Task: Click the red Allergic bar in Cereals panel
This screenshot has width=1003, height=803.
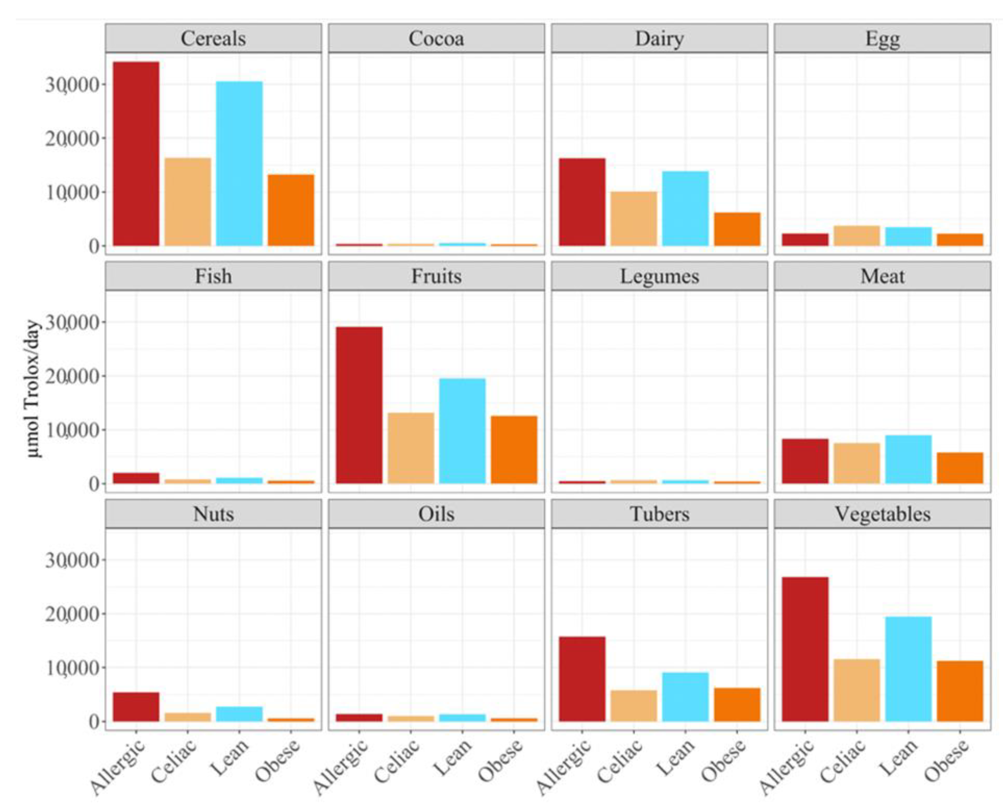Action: point(136,154)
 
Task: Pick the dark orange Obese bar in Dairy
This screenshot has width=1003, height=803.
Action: point(737,229)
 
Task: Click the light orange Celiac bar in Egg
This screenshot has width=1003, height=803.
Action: point(857,236)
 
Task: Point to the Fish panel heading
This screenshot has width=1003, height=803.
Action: point(213,276)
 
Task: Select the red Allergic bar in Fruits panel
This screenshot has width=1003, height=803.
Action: point(359,405)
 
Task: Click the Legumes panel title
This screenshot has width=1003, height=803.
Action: point(659,276)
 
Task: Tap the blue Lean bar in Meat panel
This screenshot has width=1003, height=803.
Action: point(908,459)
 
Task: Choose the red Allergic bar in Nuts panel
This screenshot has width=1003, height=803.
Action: point(136,707)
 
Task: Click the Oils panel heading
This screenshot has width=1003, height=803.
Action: point(436,514)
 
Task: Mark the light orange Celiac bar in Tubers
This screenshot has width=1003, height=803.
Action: point(634,706)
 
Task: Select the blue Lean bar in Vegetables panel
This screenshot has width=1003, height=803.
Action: point(908,669)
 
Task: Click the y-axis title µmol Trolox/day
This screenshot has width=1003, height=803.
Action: point(33,388)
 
